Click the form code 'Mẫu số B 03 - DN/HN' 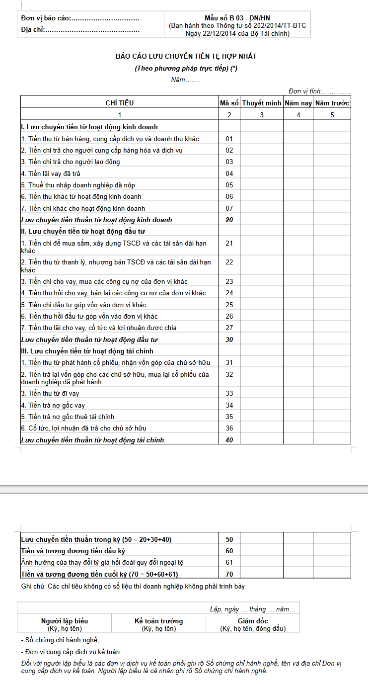(x=237, y=17)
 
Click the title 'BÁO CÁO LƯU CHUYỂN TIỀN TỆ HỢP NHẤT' (x=186, y=57)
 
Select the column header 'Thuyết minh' (x=262, y=103)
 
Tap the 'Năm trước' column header (x=332, y=103)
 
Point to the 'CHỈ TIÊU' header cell (x=119, y=103)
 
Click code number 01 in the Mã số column (x=229, y=139)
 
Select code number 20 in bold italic (x=229, y=220)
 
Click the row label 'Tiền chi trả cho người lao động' (x=71, y=162)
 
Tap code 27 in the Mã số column (x=229, y=328)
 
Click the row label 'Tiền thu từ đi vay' (x=50, y=393)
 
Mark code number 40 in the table (x=229, y=440)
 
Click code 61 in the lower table (x=229, y=562)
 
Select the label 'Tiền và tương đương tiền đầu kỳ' (x=73, y=551)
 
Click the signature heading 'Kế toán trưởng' (x=158, y=621)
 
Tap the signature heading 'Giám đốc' (x=253, y=621)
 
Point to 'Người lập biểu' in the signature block (x=64, y=621)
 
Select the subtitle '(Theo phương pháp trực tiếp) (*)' (x=186, y=69)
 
